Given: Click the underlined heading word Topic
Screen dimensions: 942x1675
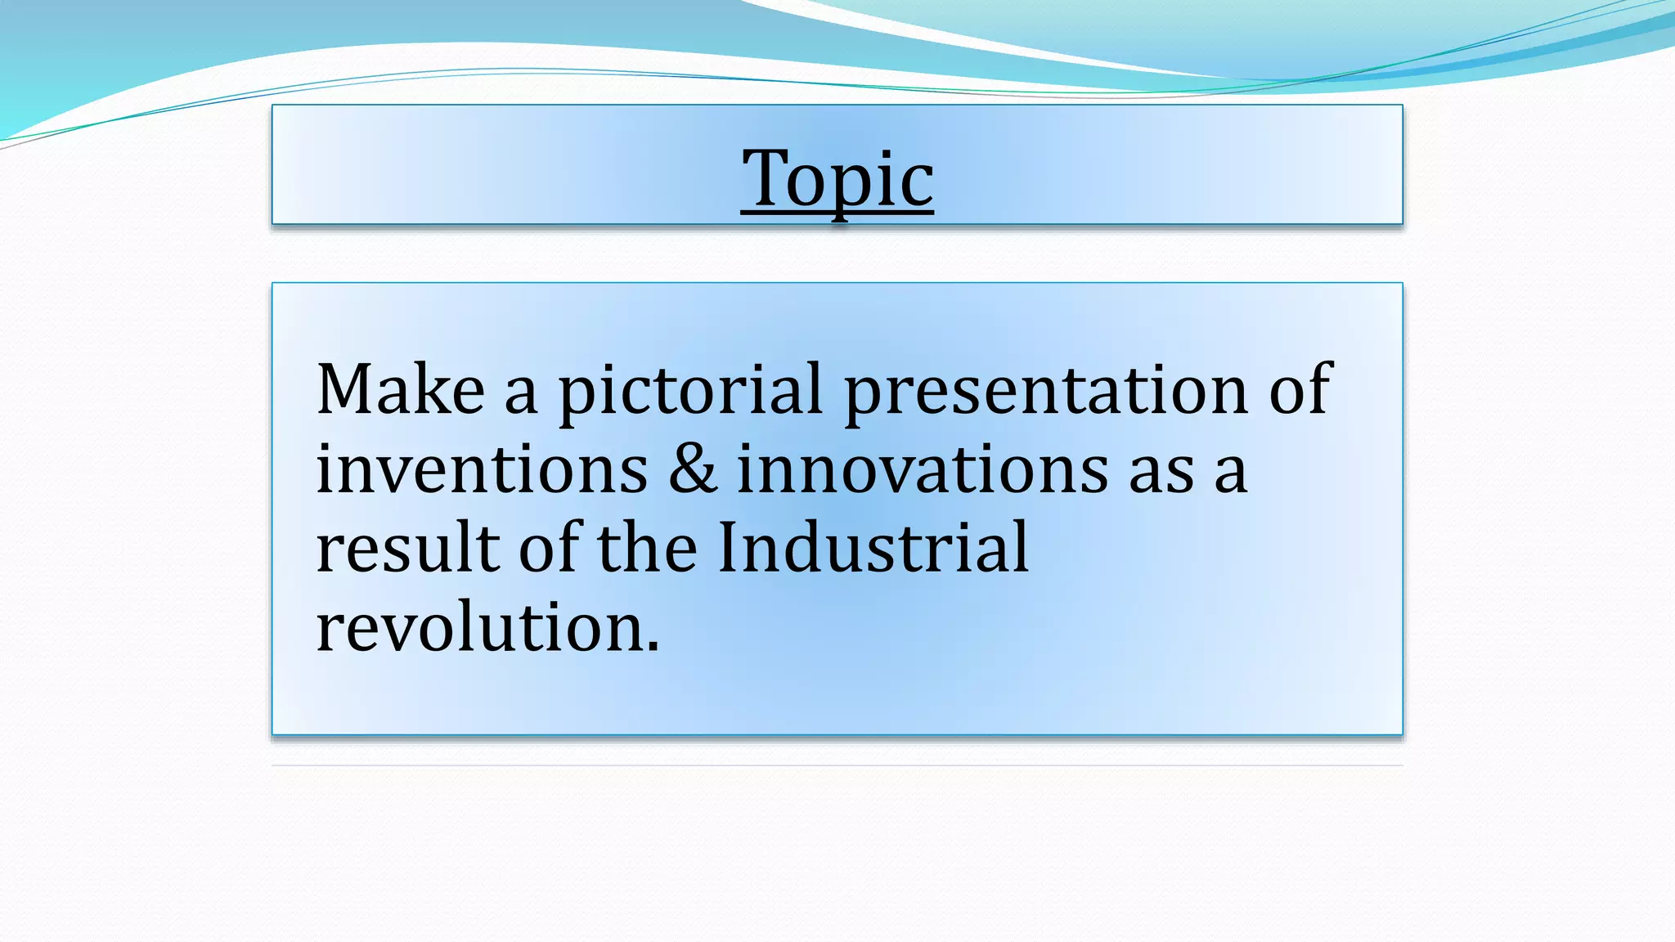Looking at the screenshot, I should (x=837, y=179).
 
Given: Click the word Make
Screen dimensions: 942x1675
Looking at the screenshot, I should (x=400, y=390).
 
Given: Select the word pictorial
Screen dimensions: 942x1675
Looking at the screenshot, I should (x=690, y=392).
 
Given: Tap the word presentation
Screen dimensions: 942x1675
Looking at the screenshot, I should (x=1045, y=392).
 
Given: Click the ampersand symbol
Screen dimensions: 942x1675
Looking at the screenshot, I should (x=692, y=469).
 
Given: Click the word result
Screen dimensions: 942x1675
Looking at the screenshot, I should (x=407, y=548).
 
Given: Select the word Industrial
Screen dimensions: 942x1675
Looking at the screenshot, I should (x=873, y=548).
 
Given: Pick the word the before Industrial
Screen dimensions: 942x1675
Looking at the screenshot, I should (x=647, y=548).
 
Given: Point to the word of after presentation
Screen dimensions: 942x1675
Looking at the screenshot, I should (x=1300, y=390).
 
